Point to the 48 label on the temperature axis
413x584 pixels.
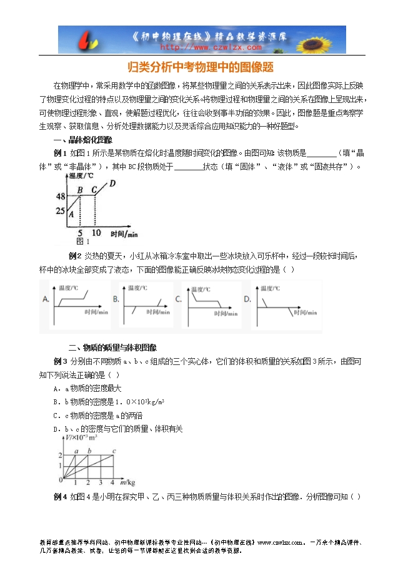pos(61,196)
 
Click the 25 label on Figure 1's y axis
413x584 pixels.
pos(61,210)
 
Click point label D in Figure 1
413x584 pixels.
pos(112,183)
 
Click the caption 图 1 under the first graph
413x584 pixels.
pos(82,241)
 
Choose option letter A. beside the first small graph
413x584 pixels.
pos(46,299)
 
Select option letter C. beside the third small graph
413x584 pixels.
pos(178,299)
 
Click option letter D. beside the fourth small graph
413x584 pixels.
pos(247,299)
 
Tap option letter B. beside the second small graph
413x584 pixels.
pos(116,299)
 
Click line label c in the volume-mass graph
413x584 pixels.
pos(114,451)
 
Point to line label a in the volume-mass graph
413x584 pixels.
pos(76,451)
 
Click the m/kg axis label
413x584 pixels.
pos(127,482)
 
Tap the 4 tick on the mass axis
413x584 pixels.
pos(112,483)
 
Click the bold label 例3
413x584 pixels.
pos(61,361)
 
